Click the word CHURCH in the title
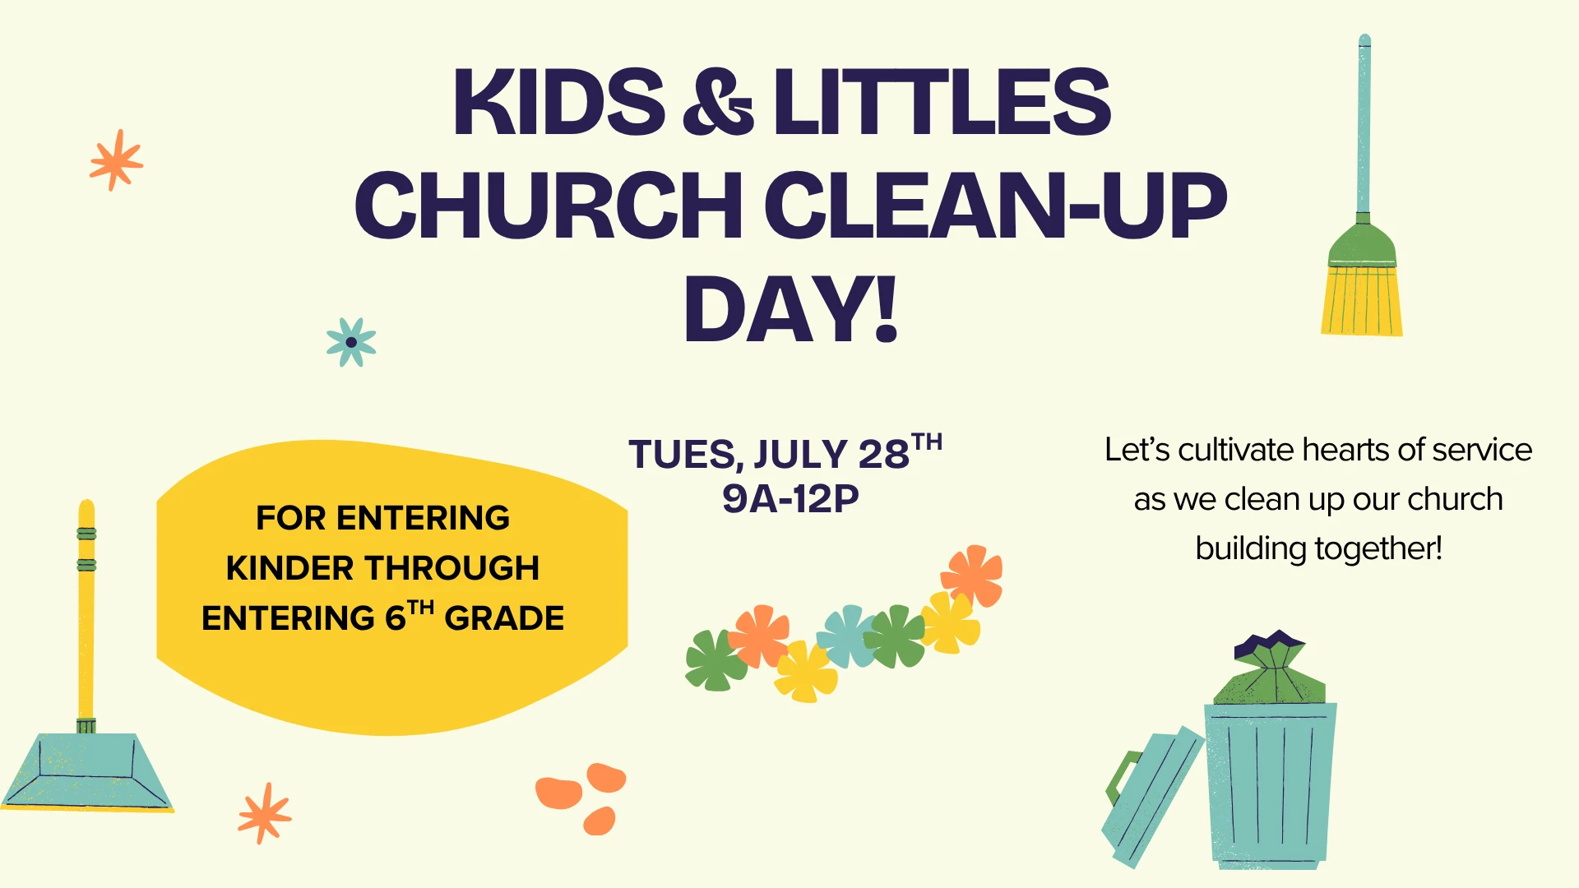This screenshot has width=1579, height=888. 549,205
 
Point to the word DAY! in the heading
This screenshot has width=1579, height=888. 790,309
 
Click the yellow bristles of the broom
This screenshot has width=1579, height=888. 1362,299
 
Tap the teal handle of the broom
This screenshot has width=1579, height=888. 1364,127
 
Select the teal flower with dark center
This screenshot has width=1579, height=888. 351,342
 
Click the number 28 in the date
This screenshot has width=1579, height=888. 883,454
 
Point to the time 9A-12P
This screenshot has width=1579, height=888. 790,498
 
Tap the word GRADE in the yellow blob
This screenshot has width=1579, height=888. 504,618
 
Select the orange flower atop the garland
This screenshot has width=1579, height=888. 972,575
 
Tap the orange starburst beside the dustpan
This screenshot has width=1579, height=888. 264,813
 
